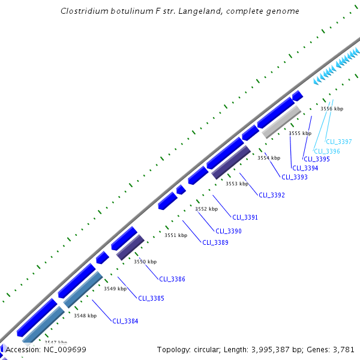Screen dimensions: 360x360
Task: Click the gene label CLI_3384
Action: (125, 321)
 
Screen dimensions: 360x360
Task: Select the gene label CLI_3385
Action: (151, 298)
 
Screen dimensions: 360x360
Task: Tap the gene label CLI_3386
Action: (172, 279)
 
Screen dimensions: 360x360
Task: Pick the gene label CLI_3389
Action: (215, 242)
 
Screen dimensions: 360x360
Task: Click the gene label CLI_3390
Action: (229, 231)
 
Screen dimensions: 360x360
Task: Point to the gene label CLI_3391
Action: (245, 217)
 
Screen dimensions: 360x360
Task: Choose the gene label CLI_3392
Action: (272, 195)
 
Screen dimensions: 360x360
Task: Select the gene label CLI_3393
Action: (295, 177)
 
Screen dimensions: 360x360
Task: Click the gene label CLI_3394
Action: (305, 168)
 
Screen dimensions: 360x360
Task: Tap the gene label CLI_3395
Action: (317, 159)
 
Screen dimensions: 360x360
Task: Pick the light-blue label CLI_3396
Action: (327, 151)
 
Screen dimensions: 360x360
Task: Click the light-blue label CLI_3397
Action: (339, 142)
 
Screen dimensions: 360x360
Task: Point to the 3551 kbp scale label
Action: (176, 235)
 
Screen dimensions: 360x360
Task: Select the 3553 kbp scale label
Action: (236, 184)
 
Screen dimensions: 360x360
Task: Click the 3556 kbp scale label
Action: (331, 109)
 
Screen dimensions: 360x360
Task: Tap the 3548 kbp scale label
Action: (85, 316)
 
